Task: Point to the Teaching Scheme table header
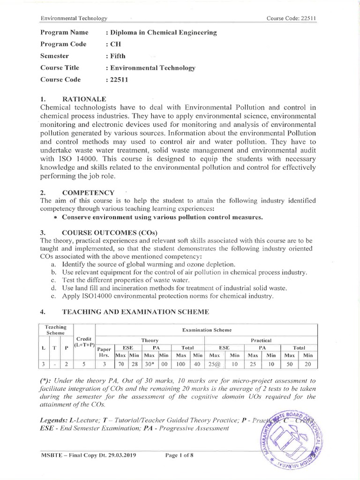pos(55,330)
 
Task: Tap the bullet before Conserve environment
pos(56,218)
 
